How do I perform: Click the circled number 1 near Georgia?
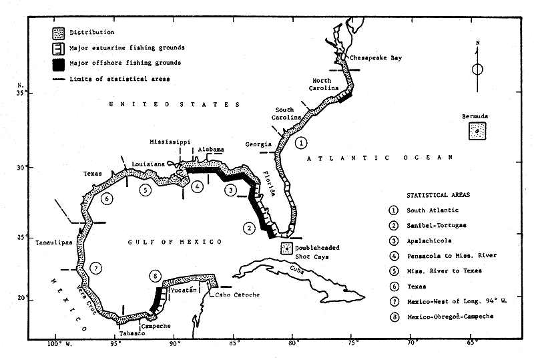coord(302,142)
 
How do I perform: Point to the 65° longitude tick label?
coord(472,345)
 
